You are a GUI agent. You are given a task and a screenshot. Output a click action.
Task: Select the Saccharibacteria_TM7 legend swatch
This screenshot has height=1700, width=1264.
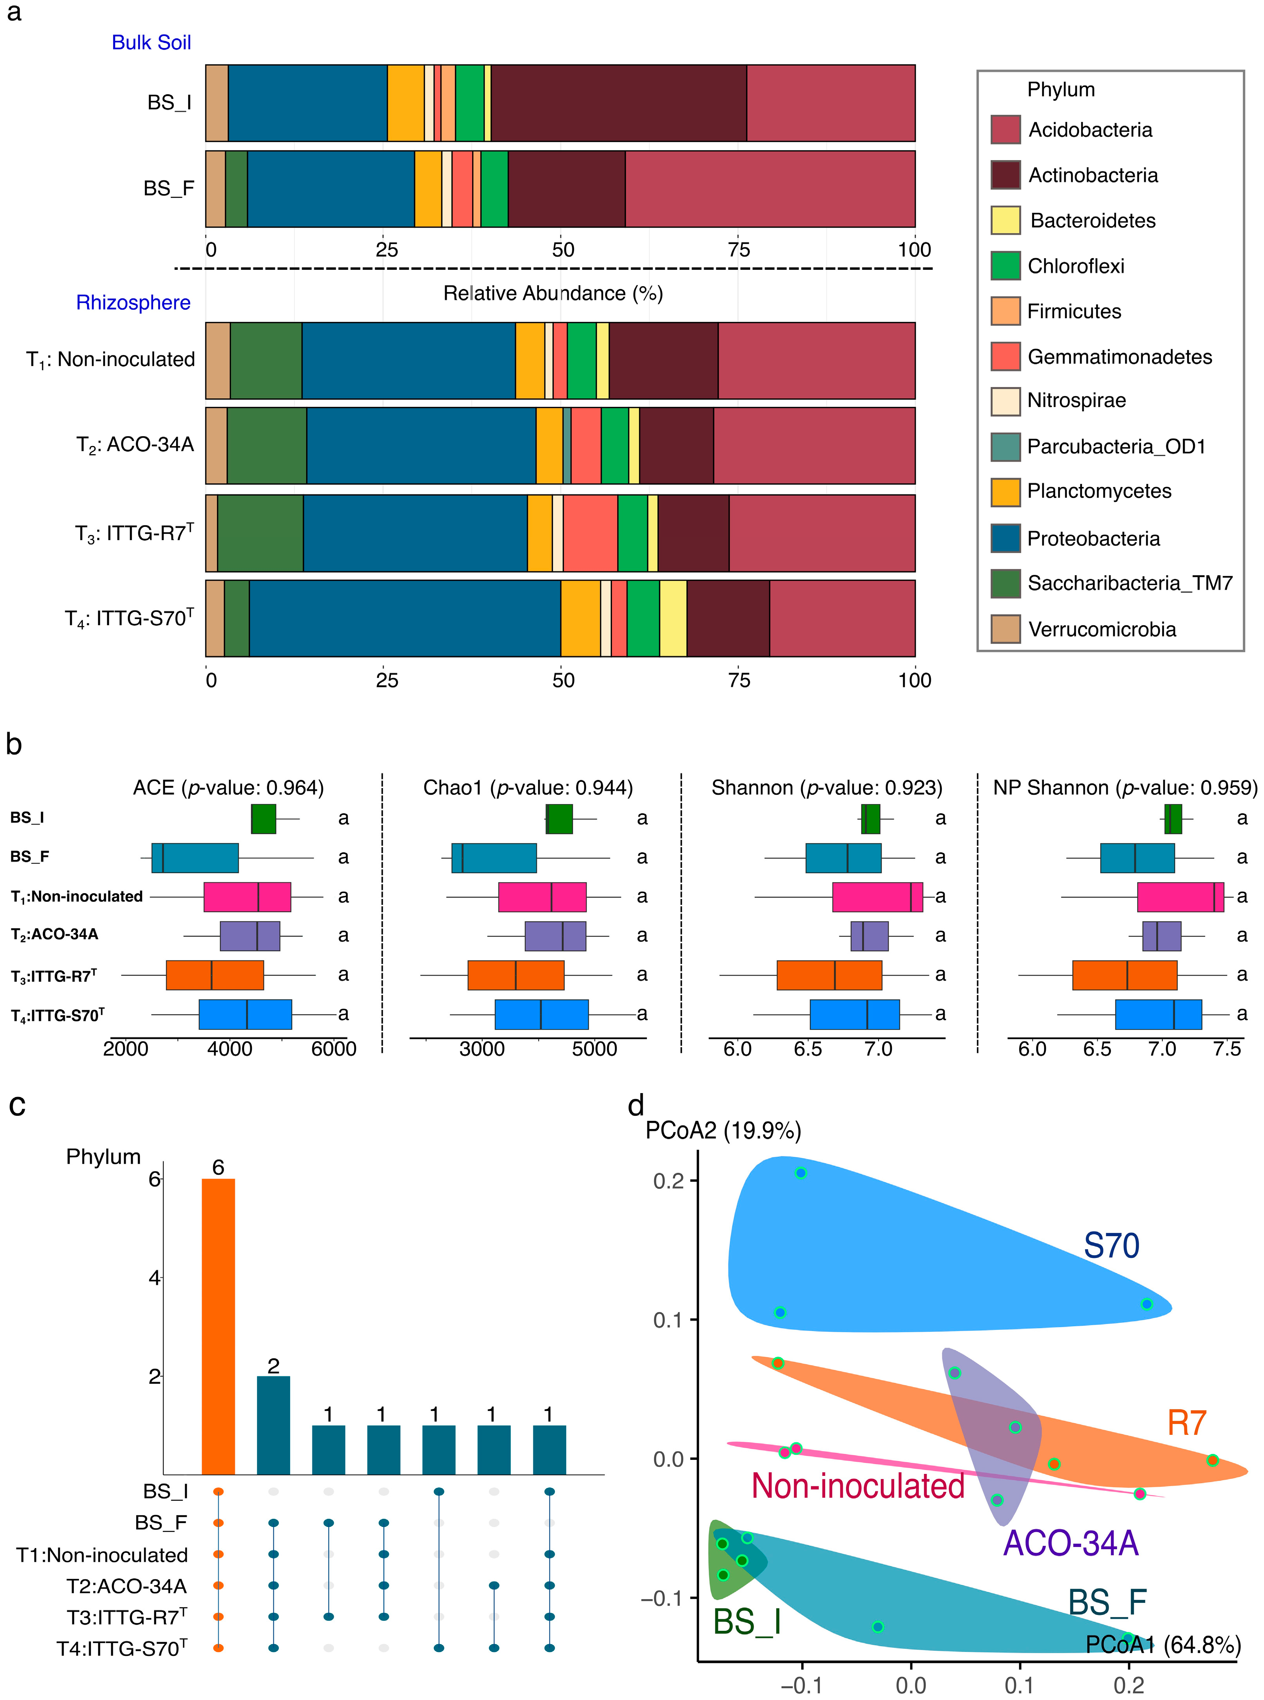tap(1005, 584)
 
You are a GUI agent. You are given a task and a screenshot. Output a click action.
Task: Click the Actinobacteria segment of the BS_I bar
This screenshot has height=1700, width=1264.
tap(618, 103)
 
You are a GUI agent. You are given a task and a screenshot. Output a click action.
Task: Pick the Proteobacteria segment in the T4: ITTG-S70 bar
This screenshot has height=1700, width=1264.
tap(405, 618)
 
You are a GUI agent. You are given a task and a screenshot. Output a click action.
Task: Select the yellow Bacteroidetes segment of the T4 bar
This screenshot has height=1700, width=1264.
tap(672, 618)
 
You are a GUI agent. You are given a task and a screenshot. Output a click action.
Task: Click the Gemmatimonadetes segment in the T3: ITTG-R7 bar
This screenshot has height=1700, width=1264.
tap(590, 533)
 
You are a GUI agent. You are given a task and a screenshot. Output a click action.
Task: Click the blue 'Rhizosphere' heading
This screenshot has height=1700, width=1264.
tap(133, 303)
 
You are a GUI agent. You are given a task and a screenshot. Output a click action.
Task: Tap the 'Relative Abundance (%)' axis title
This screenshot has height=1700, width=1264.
tap(553, 294)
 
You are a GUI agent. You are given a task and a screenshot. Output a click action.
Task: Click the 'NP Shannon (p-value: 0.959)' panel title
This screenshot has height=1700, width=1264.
tap(1125, 788)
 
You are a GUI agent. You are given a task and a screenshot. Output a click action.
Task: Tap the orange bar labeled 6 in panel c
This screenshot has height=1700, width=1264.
tap(218, 1326)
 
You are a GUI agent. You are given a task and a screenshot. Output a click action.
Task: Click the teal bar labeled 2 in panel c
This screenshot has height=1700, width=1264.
tap(273, 1425)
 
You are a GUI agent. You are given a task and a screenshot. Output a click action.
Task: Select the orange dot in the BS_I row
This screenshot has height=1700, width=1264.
tap(218, 1491)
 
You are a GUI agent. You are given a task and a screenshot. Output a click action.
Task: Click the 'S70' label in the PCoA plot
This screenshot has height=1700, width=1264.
tap(1111, 1245)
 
